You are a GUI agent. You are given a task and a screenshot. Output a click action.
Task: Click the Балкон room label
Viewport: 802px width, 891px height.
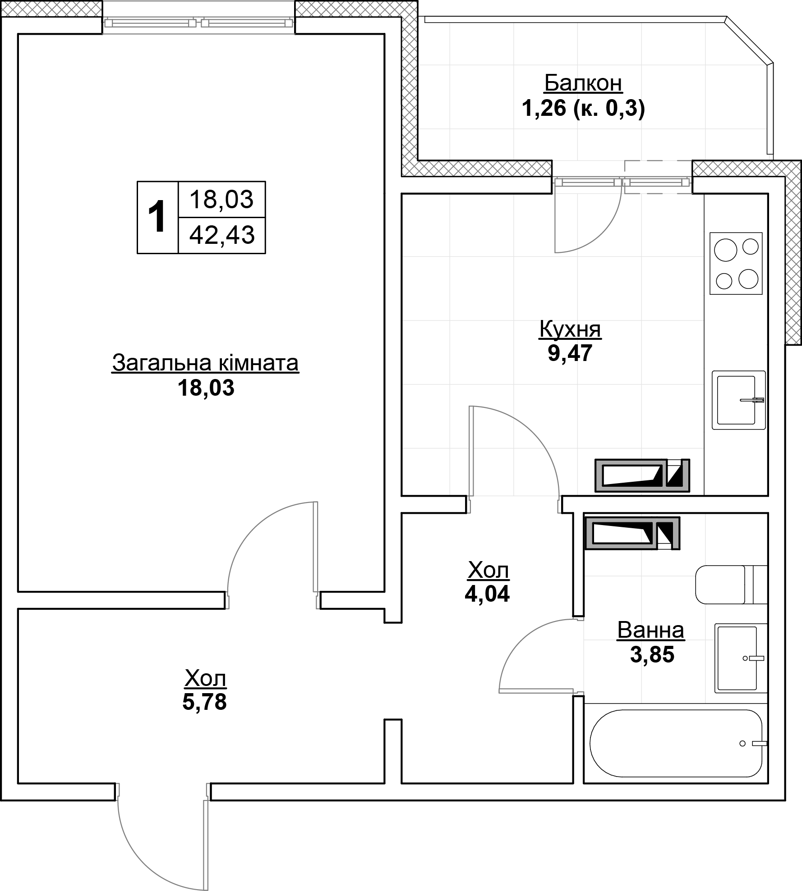tap(583, 83)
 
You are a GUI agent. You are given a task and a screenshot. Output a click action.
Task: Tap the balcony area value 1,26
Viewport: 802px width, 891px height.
tap(544, 109)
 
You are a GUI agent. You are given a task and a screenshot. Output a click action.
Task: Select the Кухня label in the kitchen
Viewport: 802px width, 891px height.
tap(570, 329)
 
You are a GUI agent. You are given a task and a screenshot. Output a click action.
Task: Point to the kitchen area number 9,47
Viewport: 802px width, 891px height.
tap(570, 353)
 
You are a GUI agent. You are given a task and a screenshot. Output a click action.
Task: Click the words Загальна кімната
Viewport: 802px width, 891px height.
tap(205, 363)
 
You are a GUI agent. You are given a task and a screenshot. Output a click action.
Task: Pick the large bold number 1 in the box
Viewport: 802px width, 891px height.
tap(157, 218)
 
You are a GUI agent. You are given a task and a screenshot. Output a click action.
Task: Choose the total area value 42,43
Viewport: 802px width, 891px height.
tap(222, 235)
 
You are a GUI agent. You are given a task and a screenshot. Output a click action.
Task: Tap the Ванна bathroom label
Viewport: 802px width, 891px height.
tap(650, 631)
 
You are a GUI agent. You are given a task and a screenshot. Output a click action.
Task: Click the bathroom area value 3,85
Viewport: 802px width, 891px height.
tap(652, 655)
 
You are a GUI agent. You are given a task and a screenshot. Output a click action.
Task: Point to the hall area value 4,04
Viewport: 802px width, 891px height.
tap(487, 594)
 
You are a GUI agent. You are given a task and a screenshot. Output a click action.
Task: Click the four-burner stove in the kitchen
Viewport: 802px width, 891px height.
tap(736, 263)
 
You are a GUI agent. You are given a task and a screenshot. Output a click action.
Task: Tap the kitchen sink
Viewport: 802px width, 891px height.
tap(738, 400)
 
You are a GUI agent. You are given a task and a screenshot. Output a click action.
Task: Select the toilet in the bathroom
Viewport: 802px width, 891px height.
tap(731, 585)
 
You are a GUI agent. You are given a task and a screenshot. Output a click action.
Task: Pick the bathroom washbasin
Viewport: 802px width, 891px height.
tap(741, 658)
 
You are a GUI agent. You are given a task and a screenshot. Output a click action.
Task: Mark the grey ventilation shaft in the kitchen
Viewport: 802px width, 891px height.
tap(642, 475)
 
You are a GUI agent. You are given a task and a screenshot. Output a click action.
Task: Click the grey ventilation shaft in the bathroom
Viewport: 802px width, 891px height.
tap(632, 533)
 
